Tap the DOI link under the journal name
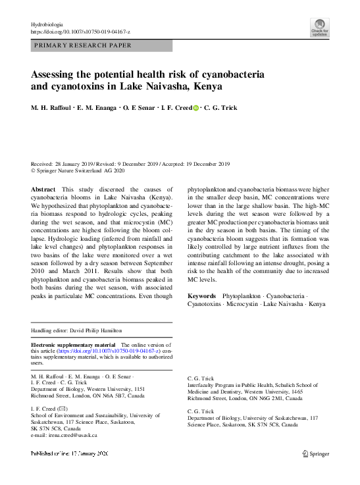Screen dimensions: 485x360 pos(80,32)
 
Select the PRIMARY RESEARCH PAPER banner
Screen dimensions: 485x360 pos(102,46)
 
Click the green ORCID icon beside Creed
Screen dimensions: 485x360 pos(194,107)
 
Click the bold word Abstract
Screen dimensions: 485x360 pos(43,189)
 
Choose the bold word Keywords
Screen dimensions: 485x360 pos(203,295)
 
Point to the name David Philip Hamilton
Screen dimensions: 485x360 pos(97,330)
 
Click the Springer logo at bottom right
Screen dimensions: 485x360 pos(317,453)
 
